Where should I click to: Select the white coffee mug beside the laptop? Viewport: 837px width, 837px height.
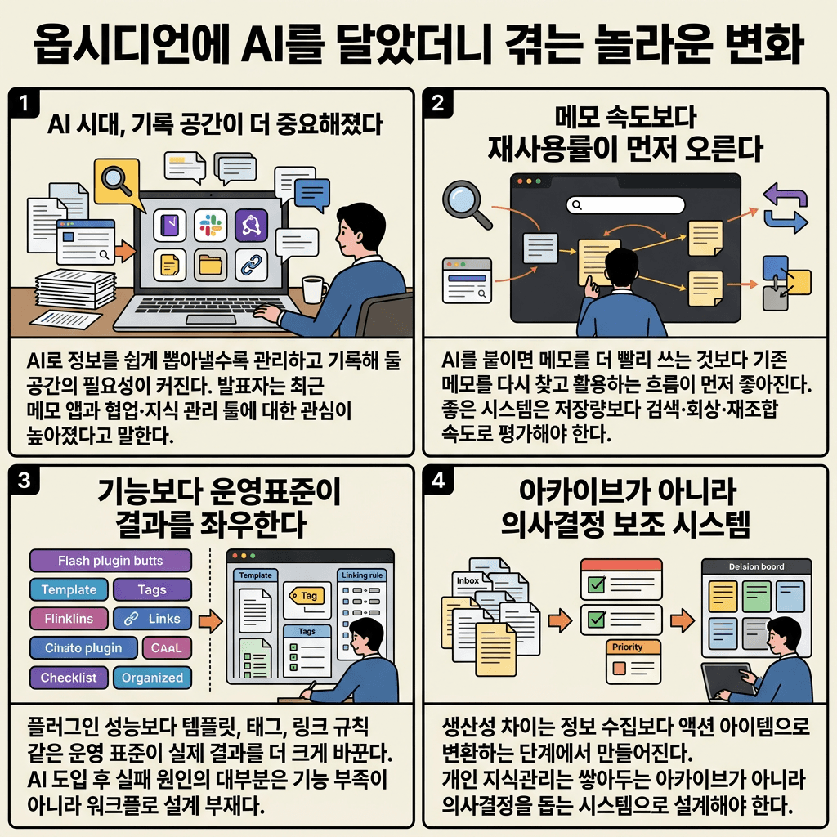pos(313,290)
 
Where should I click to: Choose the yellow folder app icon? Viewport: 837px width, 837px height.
pos(210,264)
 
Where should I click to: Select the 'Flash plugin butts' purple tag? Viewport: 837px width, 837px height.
pos(110,561)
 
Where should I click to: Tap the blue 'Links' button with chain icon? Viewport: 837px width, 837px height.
pos(152,619)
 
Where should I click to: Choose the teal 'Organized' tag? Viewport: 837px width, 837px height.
pos(152,678)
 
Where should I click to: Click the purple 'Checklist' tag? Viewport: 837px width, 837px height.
pos(69,678)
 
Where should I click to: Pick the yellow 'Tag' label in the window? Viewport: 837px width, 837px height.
pos(306,596)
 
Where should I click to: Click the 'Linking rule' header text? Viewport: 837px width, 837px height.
pos(362,575)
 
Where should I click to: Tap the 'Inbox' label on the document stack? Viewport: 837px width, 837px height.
pos(468,580)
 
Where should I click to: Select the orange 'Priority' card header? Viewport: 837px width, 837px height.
pos(628,647)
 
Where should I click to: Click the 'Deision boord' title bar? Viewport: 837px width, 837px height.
pos(756,566)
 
